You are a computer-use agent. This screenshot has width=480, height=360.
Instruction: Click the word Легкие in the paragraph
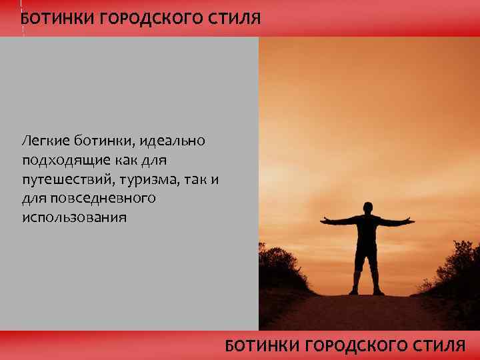[x=44, y=141]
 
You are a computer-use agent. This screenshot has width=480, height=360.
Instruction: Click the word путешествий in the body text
[x=66, y=179]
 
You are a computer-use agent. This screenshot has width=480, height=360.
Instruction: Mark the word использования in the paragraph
[x=74, y=218]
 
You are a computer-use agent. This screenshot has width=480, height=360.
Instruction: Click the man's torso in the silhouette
[x=366, y=233]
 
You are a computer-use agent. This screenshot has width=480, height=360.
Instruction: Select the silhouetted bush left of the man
[x=280, y=267]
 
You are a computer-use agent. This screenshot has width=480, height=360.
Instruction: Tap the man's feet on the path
[x=366, y=291]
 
